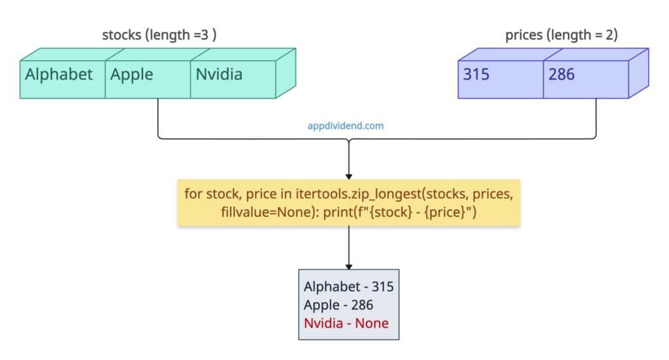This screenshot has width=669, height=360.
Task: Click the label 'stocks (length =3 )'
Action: (159, 35)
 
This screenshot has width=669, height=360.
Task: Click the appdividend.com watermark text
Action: (346, 125)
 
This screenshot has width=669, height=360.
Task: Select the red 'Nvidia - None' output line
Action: (346, 323)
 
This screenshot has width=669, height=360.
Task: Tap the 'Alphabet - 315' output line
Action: (348, 286)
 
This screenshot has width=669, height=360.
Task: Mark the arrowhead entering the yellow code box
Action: (349, 176)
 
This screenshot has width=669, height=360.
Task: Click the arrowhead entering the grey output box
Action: (349, 266)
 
